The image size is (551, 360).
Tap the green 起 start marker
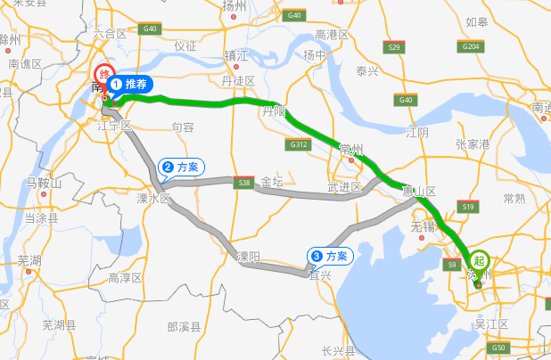pyautogui.click(x=481, y=261)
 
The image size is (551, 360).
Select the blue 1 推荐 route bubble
pyautogui.click(x=130, y=85)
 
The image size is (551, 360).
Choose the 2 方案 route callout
pyautogui.click(x=182, y=167)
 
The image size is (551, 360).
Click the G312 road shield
pyautogui.click(x=298, y=143)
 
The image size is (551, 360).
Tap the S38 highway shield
pyautogui.click(x=243, y=183)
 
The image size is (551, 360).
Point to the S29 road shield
pyautogui.click(x=393, y=45)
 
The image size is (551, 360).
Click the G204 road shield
pyautogui.click(x=473, y=45)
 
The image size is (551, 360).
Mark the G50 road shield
pyautogui.click(x=498, y=348)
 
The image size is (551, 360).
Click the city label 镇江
pyautogui.click(x=235, y=55)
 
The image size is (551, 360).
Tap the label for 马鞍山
pyautogui.click(x=44, y=184)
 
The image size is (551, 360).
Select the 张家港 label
pyautogui.click(x=473, y=143)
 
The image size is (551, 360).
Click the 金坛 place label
pyautogui.click(x=272, y=182)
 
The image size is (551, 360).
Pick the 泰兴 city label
pyautogui.click(x=368, y=70)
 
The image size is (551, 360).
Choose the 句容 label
pyautogui.click(x=183, y=127)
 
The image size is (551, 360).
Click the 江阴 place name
pyautogui.click(x=416, y=132)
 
